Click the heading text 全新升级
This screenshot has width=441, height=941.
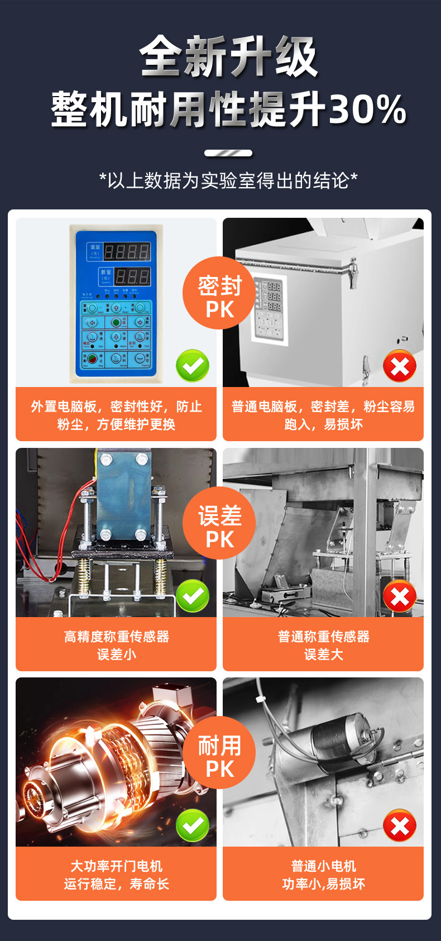point(228,57)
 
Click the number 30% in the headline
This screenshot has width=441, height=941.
point(367,109)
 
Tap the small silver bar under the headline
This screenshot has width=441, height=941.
point(228,153)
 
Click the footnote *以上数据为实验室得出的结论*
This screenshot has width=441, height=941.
point(228,180)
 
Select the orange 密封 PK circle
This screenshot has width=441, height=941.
point(219,293)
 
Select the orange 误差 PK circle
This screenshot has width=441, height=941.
point(219,523)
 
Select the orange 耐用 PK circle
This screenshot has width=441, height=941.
point(219,752)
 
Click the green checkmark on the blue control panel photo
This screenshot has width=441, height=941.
point(193,366)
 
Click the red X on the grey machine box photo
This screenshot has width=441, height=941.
point(400,366)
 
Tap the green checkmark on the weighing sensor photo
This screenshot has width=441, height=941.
point(193,596)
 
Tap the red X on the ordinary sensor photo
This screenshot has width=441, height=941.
point(400,596)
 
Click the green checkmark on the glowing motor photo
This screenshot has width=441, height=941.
point(193,825)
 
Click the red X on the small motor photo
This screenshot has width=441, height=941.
point(400,826)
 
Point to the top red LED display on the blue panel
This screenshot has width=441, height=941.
point(127,251)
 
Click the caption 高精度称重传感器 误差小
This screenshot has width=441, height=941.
point(116,645)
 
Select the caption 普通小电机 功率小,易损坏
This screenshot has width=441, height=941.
point(323,875)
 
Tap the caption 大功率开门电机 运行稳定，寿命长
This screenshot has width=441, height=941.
point(116,875)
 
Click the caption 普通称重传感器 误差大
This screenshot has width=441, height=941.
point(323,645)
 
